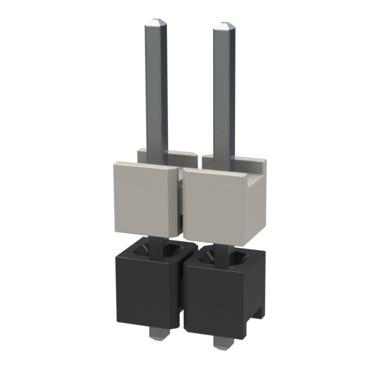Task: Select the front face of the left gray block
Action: coord(143,200)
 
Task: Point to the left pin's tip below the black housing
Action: coord(157,333)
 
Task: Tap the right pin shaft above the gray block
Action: coord(225,94)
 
